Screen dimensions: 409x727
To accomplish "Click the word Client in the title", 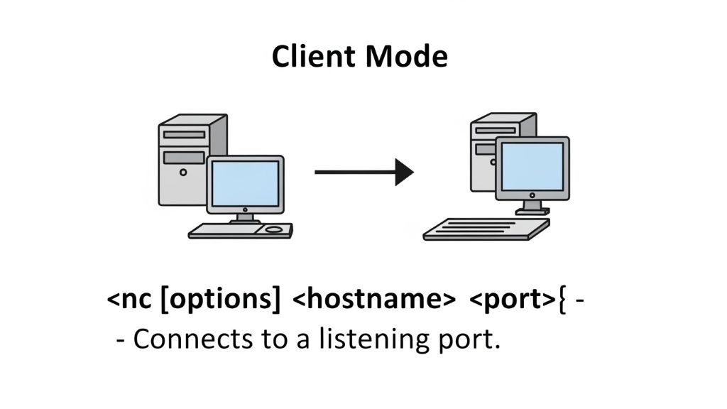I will click(315, 56).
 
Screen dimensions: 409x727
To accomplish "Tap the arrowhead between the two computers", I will click(404, 172).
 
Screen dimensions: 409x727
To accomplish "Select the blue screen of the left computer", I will click(246, 182).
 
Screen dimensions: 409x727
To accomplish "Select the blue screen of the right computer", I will click(532, 166).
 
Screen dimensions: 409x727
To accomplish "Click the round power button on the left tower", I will click(183, 172).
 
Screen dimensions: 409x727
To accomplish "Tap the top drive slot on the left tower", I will click(184, 134).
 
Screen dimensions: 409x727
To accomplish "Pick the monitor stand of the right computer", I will click(532, 207).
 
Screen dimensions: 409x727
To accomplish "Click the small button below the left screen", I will click(246, 210).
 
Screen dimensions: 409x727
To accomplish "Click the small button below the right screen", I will click(532, 194).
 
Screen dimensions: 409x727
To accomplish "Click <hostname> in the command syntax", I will click(373, 300).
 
